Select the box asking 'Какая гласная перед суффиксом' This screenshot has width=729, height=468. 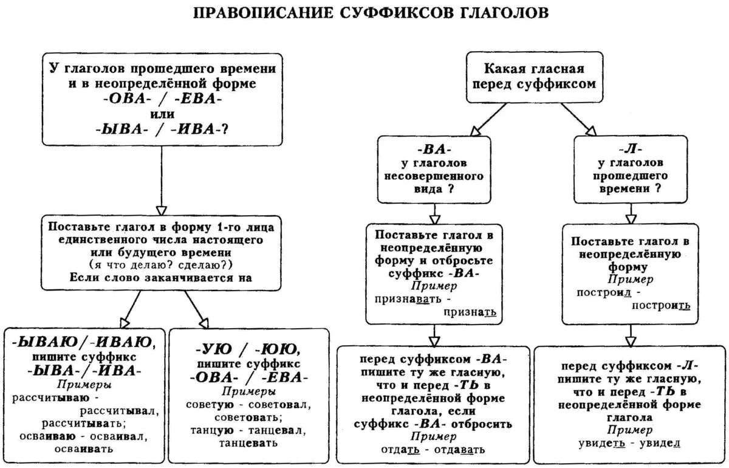[x=535, y=77]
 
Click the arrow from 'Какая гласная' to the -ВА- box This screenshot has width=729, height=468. [x=489, y=119]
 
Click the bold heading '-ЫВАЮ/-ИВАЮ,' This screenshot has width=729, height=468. [x=85, y=342]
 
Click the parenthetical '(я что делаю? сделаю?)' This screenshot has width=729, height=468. [x=161, y=266]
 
